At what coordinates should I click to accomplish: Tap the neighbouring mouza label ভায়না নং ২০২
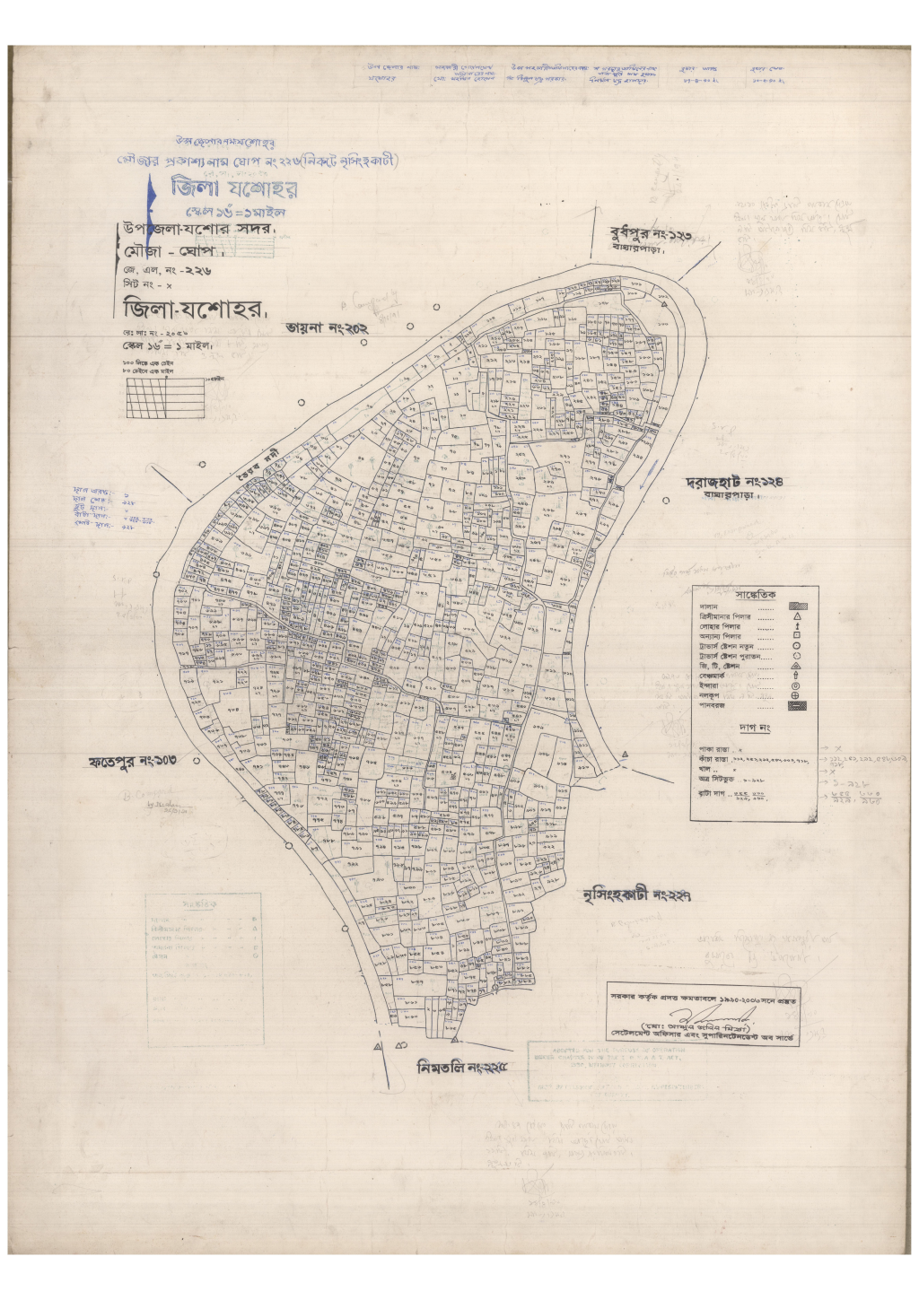pyautogui.click(x=328, y=328)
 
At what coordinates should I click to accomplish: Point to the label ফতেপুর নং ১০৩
pyautogui.click(x=132, y=763)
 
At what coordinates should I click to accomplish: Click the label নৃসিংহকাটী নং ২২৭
pyautogui.click(x=636, y=895)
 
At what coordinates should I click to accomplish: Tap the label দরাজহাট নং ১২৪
pyautogui.click(x=735, y=482)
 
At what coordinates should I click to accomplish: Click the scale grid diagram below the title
pyautogui.click(x=165, y=396)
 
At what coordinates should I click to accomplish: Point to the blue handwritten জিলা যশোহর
pyautogui.click(x=235, y=189)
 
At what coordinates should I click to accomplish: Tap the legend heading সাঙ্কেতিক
pyautogui.click(x=756, y=595)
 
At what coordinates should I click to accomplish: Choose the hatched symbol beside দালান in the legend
pyautogui.click(x=797, y=606)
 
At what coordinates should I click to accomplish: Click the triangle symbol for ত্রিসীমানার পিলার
pyautogui.click(x=797, y=617)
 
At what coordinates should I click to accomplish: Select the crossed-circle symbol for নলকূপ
pyautogui.click(x=797, y=695)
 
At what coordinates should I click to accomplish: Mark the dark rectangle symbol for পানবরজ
pyautogui.click(x=797, y=706)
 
